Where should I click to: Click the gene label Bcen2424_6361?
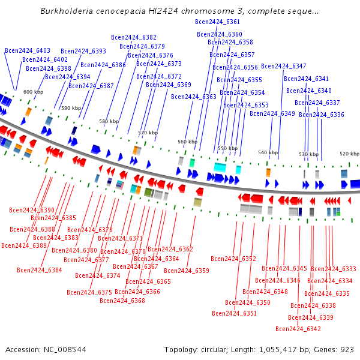(x=217, y=22)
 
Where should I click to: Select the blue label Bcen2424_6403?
(x=28, y=50)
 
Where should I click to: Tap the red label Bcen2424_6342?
(x=298, y=329)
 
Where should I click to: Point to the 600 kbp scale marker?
(x=33, y=92)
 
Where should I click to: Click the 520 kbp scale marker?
(x=349, y=154)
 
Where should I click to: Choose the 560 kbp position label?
(x=188, y=142)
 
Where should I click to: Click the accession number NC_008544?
(x=65, y=350)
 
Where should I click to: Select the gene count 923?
(x=347, y=350)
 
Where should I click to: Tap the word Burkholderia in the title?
(x=67, y=11)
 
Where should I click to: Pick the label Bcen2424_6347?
(x=284, y=66)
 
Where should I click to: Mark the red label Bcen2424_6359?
(x=187, y=271)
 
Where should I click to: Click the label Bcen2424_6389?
(x=24, y=245)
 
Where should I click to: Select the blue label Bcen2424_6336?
(x=322, y=115)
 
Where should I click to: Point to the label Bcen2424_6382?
(x=134, y=37)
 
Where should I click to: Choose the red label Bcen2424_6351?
(x=234, y=313)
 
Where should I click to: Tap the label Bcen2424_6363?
(x=194, y=97)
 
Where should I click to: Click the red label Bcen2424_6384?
(x=40, y=270)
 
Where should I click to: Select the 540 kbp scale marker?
(x=268, y=152)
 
